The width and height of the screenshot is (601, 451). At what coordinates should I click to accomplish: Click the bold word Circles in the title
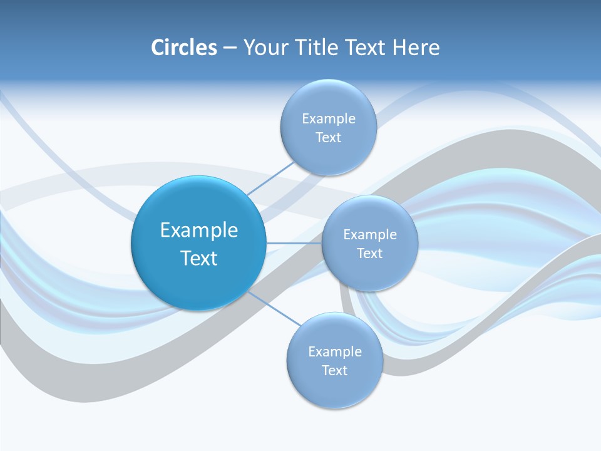pos(184,48)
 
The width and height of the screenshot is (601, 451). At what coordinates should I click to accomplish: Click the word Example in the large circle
pos(199,230)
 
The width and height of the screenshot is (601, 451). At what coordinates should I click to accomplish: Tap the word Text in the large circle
pos(199,258)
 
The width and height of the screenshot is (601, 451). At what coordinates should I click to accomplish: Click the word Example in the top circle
pos(328,118)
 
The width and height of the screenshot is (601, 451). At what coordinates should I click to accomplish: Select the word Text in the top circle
pos(328,138)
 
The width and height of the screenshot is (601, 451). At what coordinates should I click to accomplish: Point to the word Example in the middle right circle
pos(369,234)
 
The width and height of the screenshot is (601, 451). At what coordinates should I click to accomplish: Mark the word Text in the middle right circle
pos(369,254)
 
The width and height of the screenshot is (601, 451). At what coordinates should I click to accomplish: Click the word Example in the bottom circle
pos(334,351)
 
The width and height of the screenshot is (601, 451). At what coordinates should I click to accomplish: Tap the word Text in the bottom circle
pos(334,371)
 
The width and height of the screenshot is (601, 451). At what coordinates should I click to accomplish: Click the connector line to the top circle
pos(270,178)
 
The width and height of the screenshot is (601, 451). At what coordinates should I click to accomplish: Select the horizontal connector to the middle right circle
pos(294,243)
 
